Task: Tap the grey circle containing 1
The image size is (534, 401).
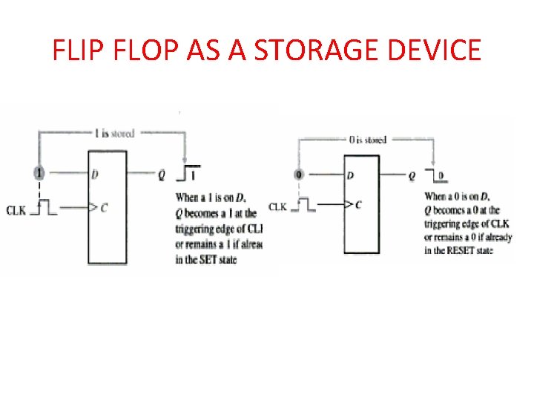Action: pyautogui.click(x=39, y=173)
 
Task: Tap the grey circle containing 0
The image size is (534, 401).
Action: pyautogui.click(x=299, y=175)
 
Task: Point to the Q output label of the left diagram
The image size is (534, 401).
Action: pyautogui.click(x=162, y=175)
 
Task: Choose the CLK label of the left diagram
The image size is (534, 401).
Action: pyautogui.click(x=17, y=211)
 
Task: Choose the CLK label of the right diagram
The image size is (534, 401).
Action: pyautogui.click(x=277, y=207)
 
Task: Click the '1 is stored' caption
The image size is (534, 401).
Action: pyautogui.click(x=114, y=134)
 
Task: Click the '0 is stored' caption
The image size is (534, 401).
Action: pyautogui.click(x=366, y=139)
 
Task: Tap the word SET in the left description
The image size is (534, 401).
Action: pyautogui.click(x=207, y=260)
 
